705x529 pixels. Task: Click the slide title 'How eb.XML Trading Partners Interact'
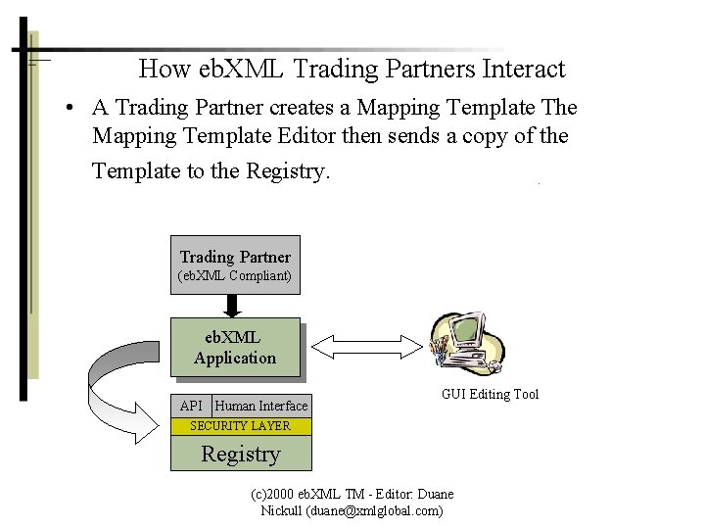[x=352, y=70]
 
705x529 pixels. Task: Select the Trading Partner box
[x=235, y=264]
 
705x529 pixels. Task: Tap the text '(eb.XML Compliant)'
[x=234, y=276]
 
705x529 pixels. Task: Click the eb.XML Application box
[x=235, y=348]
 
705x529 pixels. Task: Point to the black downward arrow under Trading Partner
[x=233, y=305]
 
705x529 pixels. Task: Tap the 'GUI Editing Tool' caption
[x=490, y=395]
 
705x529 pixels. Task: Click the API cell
[x=191, y=406]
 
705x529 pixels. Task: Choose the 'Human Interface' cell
[x=261, y=406]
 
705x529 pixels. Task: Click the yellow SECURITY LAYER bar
[x=240, y=426]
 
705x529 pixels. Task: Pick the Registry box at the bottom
[x=240, y=454]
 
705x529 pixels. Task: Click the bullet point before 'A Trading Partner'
[x=72, y=109]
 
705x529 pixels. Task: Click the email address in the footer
[x=374, y=510]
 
